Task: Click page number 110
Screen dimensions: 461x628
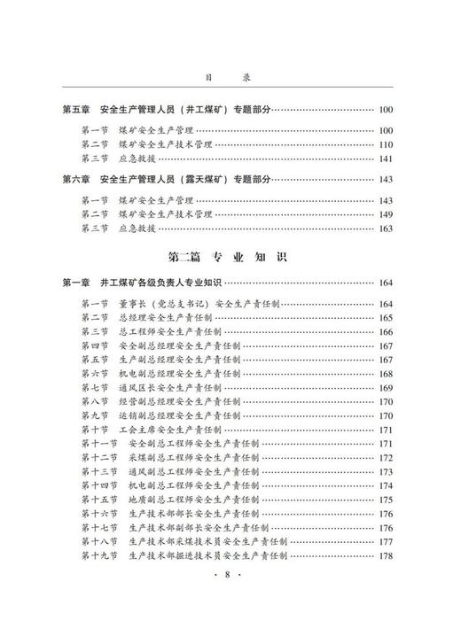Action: point(385,144)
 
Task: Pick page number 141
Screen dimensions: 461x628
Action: point(385,159)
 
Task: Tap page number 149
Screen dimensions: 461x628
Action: point(385,214)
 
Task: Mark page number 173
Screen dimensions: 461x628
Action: point(385,472)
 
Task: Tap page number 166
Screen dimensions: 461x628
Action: point(385,331)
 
